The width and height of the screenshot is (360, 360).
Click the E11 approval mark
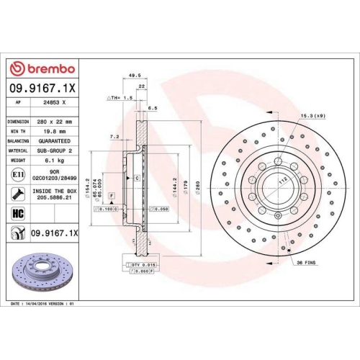[17, 174]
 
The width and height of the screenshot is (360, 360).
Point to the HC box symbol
[18, 213]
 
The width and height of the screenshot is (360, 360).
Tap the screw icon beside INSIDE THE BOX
[17, 193]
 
